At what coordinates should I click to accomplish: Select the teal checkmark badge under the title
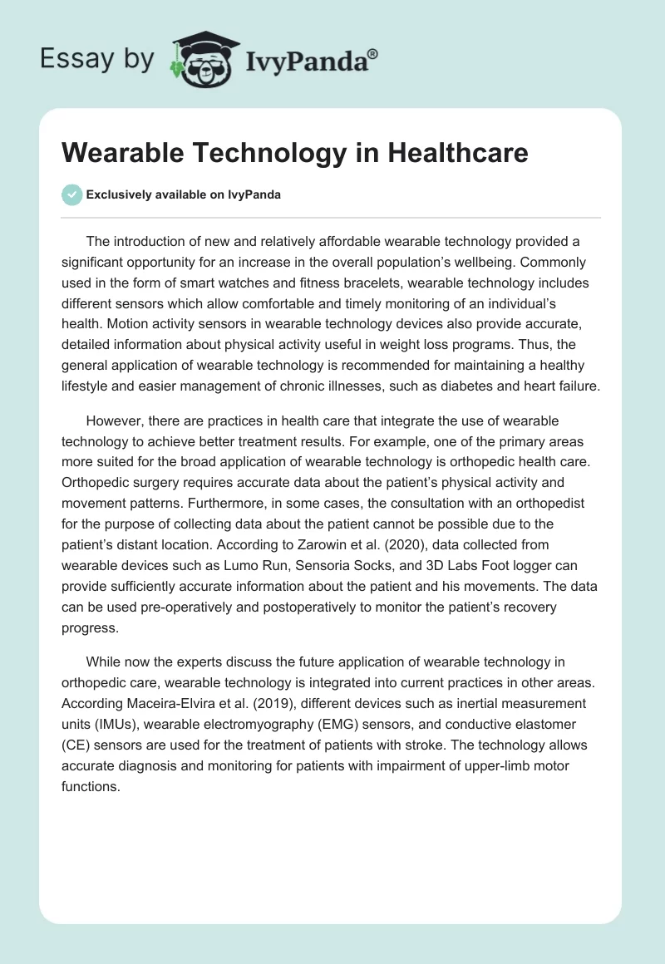[71, 194]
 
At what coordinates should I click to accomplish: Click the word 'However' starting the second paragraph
[115, 422]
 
